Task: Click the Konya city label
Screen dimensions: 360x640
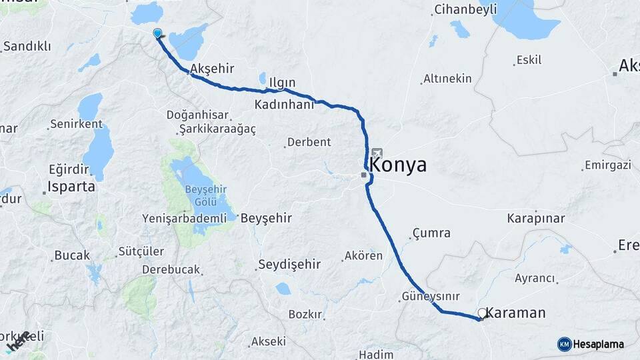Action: pyautogui.click(x=398, y=165)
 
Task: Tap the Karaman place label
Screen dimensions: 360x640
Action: pyautogui.click(x=516, y=313)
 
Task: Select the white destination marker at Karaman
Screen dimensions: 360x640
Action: pyautogui.click(x=482, y=313)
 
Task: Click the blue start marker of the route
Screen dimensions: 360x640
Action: pyautogui.click(x=157, y=33)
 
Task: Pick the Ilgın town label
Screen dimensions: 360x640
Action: pyautogui.click(x=282, y=83)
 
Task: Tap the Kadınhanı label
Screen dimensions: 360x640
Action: pyautogui.click(x=285, y=105)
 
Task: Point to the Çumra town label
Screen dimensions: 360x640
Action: pyautogui.click(x=431, y=233)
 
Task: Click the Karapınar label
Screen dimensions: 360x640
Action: pyautogui.click(x=536, y=219)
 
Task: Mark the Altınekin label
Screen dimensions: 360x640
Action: pyautogui.click(x=447, y=79)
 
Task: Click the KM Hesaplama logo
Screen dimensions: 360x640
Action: pyautogui.click(x=591, y=344)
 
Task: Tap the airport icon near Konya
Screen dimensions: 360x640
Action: pyautogui.click(x=377, y=153)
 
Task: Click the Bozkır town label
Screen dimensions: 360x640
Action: pyautogui.click(x=305, y=314)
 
